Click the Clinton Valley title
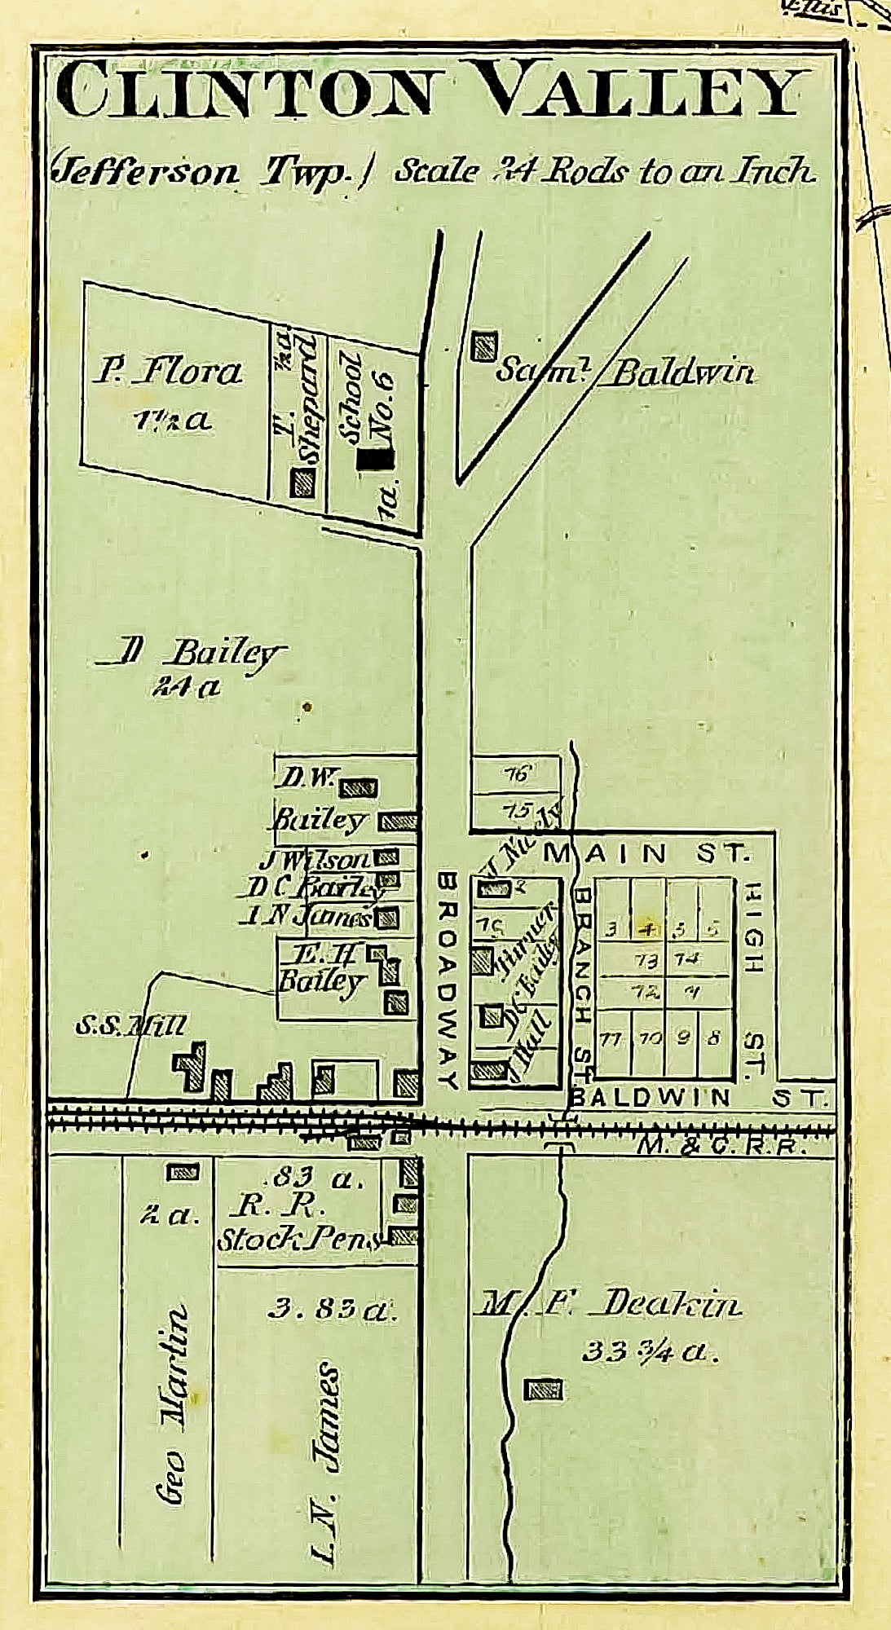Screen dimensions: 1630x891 click(x=430, y=91)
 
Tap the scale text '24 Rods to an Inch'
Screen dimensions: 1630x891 click(x=604, y=170)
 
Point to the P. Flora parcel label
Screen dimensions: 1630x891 click(x=167, y=372)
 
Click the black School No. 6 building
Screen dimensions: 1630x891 click(x=376, y=460)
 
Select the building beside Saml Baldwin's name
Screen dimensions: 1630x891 click(x=484, y=346)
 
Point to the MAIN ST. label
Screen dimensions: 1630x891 click(x=645, y=853)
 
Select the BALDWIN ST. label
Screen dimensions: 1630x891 click(x=698, y=1097)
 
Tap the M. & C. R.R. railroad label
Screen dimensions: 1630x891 click(x=721, y=1146)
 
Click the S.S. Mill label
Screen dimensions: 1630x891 click(x=130, y=1027)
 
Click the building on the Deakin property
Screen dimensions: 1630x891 click(x=543, y=1390)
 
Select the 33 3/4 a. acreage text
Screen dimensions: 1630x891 click(x=650, y=1351)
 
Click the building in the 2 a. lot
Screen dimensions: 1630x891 click(x=182, y=1172)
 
